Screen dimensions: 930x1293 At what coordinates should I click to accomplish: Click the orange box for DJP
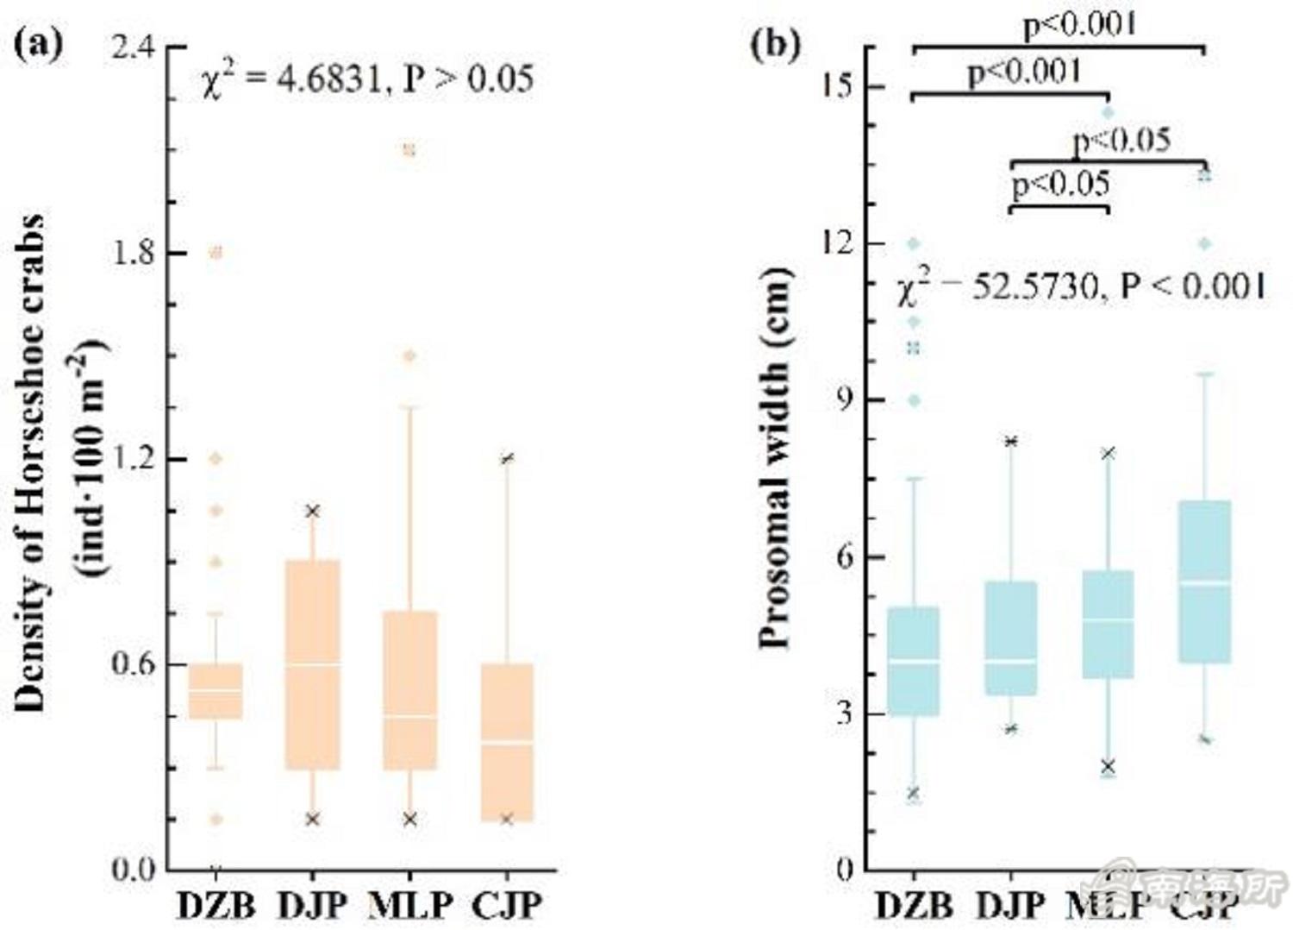coord(313,664)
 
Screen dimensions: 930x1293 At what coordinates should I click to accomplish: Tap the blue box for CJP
coord(1204,581)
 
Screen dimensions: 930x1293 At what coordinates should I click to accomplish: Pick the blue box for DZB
coord(914,661)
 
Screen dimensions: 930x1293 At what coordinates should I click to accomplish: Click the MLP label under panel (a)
coord(410,905)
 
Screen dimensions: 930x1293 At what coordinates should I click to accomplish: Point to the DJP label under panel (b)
coord(1010,905)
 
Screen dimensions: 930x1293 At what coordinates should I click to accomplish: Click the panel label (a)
coord(40,43)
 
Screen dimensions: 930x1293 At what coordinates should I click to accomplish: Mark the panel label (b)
coord(775,43)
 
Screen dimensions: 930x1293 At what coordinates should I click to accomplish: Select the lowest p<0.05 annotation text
coord(1060,185)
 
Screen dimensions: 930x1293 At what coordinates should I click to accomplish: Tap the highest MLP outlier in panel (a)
coord(410,151)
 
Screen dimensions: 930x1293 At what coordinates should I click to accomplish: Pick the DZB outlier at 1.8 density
coord(216,253)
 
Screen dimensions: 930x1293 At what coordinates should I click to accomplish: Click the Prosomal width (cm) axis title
coord(776,457)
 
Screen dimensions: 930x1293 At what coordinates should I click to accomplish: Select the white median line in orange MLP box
coord(410,717)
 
